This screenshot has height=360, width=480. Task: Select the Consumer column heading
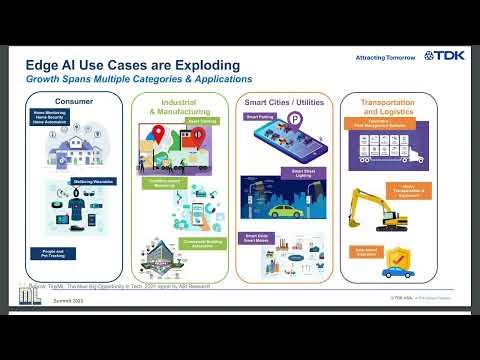coord(74,102)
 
